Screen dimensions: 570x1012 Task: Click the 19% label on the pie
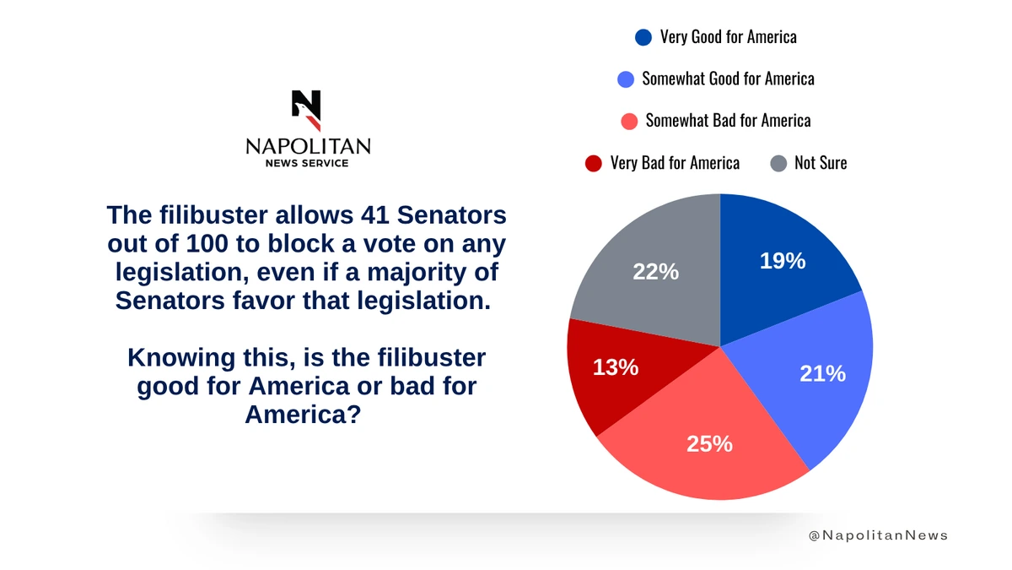coord(783,262)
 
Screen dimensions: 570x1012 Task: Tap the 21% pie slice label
coord(822,373)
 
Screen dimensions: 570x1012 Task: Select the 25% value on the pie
coord(709,442)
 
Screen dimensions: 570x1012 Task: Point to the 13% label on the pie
coord(616,367)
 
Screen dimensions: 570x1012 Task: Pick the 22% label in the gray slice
coord(656,272)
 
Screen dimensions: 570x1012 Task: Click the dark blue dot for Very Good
coord(643,37)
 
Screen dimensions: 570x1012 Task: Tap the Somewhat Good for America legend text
coord(728,79)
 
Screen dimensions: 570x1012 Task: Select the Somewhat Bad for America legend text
coord(728,121)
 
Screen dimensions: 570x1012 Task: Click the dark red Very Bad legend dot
coord(594,163)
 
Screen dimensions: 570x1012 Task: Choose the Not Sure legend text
coord(821,163)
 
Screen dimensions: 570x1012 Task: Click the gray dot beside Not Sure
coord(778,163)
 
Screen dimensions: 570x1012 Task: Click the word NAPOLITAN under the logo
coord(308,147)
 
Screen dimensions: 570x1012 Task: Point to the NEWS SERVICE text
coord(307,163)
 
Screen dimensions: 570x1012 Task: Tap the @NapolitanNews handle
coord(878,535)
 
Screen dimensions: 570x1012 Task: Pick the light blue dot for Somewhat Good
coord(626,79)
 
